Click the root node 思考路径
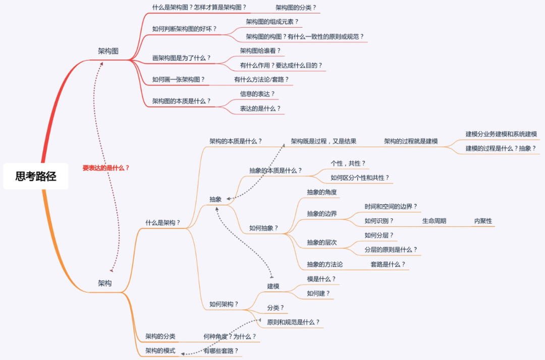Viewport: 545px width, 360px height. click(36, 176)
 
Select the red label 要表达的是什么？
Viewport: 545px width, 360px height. click(106, 168)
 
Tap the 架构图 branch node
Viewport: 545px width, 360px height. click(108, 51)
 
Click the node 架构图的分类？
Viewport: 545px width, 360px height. click(296, 8)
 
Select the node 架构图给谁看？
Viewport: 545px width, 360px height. click(260, 51)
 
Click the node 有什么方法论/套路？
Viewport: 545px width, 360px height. click(261, 80)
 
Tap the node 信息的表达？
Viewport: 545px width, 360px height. click(257, 94)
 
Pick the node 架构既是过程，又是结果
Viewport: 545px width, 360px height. click(323, 141)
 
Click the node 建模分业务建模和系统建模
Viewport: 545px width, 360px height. click(501, 134)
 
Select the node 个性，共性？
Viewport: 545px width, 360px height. click(348, 163)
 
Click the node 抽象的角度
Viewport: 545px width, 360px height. click(321, 192)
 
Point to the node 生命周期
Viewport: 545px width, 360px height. click(434, 221)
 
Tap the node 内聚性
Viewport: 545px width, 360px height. click(483, 221)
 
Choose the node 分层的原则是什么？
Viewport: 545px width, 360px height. click(391, 250)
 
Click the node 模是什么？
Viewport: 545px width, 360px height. click(321, 279)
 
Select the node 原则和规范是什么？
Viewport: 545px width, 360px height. click(293, 322)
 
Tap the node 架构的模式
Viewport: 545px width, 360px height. click(160, 351)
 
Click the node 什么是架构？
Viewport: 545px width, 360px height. click(162, 222)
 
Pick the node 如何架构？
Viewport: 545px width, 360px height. click(224, 305)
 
